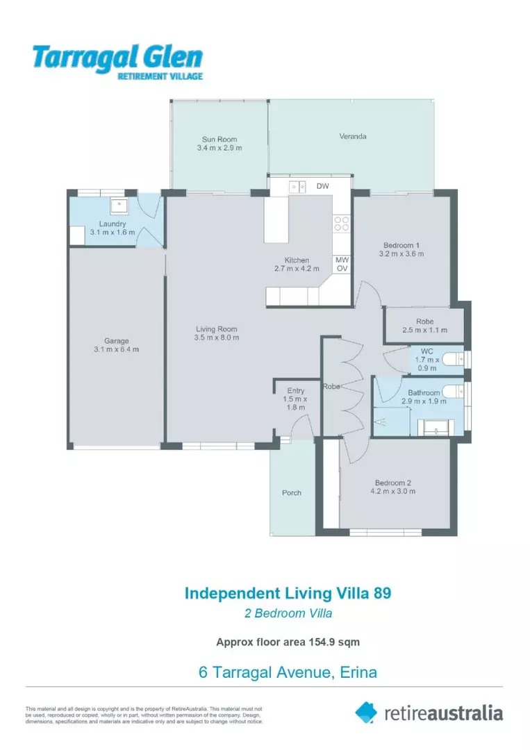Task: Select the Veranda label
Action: [x=353, y=136]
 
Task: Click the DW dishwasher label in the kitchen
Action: [x=322, y=186]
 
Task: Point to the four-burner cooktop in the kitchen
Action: [x=341, y=223]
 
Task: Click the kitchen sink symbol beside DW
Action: [x=298, y=186]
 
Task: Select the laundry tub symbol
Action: [x=119, y=205]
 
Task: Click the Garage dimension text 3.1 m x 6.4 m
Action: [x=117, y=349]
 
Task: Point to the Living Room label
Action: [x=216, y=329]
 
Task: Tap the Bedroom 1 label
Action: [x=401, y=244]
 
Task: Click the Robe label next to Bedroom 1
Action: [x=425, y=322]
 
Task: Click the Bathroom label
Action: [x=424, y=392]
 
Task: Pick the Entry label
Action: [x=296, y=391]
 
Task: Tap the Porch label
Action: [x=292, y=493]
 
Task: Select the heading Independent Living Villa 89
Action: [x=288, y=593]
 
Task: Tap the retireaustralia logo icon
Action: [x=366, y=712]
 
